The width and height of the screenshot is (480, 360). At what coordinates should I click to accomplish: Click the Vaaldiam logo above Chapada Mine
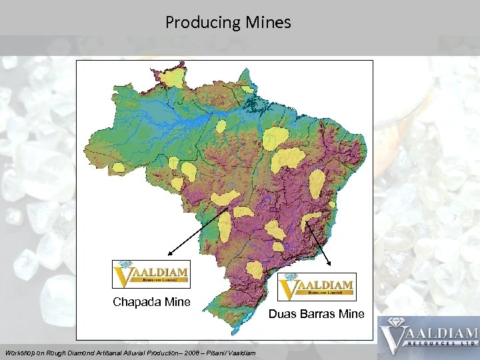point(151,274)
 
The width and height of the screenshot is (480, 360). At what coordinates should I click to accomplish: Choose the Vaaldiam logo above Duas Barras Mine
point(317,287)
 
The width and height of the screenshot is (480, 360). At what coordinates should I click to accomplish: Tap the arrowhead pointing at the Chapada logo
point(169,255)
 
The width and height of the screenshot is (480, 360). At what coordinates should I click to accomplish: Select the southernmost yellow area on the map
point(255,269)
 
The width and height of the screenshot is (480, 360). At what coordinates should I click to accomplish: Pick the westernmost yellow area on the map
point(120,167)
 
